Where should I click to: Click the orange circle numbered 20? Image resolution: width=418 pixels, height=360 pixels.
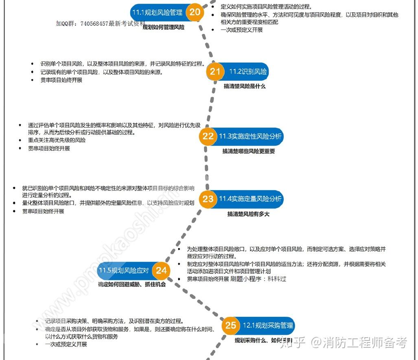click(195, 12)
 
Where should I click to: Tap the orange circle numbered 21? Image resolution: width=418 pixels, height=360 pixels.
click(215, 72)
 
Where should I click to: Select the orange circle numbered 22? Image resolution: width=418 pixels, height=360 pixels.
click(208, 136)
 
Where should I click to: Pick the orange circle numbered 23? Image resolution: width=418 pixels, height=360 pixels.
click(208, 199)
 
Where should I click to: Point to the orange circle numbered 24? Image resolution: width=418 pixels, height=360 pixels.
click(162, 270)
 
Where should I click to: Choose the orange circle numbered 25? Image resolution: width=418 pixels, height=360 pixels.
click(231, 325)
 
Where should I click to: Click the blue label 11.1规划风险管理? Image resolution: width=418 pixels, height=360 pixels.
click(157, 13)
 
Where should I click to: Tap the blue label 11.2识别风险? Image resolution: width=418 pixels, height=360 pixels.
click(248, 72)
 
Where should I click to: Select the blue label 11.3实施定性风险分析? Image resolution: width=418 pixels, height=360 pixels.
click(250, 136)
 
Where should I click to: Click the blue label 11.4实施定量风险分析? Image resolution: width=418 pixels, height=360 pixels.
click(250, 199)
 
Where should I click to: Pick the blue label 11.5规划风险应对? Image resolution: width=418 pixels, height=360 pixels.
click(124, 270)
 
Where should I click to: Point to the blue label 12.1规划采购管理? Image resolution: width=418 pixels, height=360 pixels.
click(268, 325)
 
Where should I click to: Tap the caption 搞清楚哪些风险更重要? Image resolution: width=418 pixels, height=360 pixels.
click(248, 151)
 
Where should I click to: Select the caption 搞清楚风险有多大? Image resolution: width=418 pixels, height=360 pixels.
click(248, 214)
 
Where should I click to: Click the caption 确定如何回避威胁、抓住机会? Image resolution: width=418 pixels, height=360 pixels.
click(132, 285)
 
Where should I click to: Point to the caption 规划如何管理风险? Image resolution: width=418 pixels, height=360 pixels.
click(164, 27)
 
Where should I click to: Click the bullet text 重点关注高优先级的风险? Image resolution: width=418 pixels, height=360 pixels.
click(57, 140)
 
